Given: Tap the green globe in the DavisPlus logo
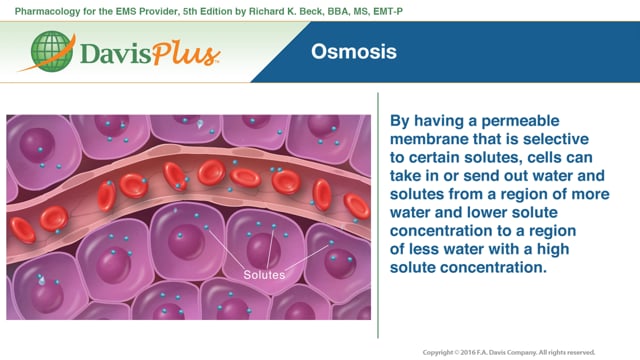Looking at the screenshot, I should [x=51, y=53].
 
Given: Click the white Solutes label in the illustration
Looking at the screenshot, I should [x=264, y=275].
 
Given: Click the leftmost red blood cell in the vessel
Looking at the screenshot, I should [x=21, y=229].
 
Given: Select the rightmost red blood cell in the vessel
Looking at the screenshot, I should [x=357, y=205].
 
